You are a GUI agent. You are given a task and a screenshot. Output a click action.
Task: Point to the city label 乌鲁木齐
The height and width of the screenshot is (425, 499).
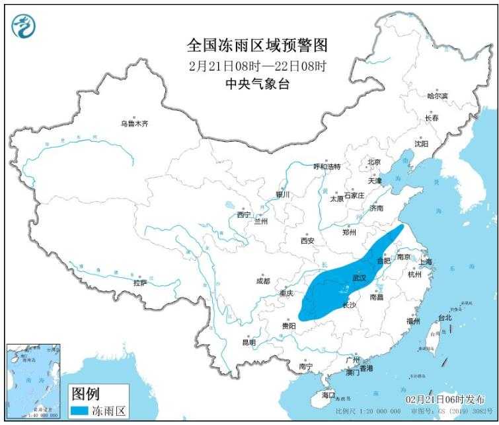coord(134,123)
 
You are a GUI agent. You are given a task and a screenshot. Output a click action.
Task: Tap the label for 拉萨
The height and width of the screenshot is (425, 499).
coord(139,283)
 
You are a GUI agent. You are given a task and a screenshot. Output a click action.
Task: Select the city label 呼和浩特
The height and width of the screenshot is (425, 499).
coord(326,167)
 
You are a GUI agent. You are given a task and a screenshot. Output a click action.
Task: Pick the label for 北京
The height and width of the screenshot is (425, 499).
coord(374,162)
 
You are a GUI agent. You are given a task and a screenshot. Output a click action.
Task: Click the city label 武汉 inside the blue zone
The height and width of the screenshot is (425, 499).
coord(359,278)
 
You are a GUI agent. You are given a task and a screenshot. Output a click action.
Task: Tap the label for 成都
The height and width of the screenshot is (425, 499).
coord(262,281)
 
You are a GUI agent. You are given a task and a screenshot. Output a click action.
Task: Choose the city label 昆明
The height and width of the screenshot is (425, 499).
coord(249,343)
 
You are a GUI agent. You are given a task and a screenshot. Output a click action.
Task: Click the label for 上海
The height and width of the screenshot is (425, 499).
coord(424,262)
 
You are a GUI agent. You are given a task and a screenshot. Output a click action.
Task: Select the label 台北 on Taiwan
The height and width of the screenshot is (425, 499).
coord(445,317)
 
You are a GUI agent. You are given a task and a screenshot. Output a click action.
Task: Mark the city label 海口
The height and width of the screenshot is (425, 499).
coord(328,395)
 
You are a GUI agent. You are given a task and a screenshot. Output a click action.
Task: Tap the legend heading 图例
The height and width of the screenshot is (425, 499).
coord(85,394)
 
